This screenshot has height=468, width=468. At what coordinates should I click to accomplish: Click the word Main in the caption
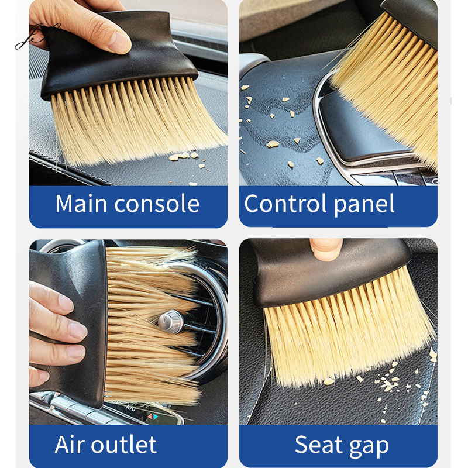81,204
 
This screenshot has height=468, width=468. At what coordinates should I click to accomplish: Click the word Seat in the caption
318,445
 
